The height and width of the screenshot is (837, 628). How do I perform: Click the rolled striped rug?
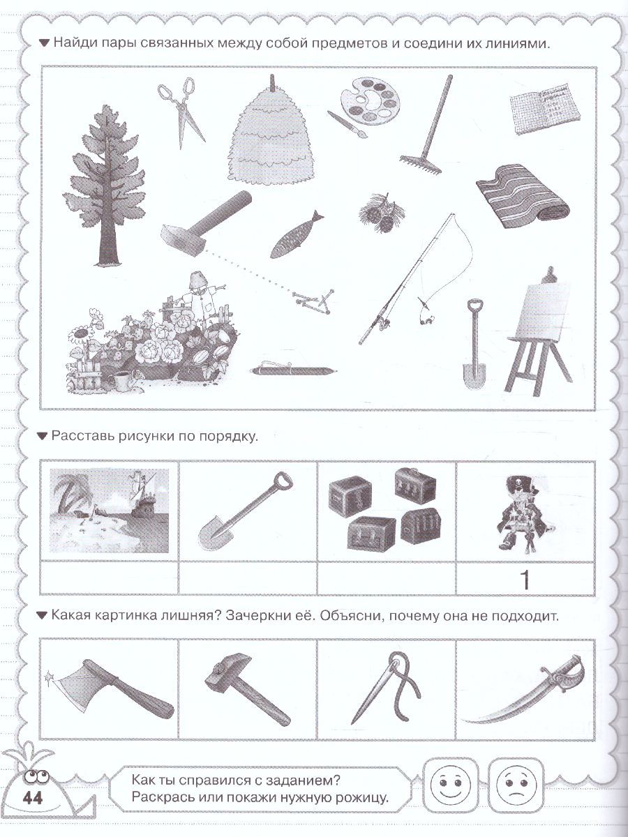point(523,196)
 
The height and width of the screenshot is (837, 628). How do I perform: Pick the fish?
point(296,234)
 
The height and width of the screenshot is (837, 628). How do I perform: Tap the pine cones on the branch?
point(382,213)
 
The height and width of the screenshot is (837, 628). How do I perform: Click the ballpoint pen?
point(294,369)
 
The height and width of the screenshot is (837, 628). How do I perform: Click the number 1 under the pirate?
point(525,580)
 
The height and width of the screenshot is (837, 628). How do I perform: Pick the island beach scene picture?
point(109,510)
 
